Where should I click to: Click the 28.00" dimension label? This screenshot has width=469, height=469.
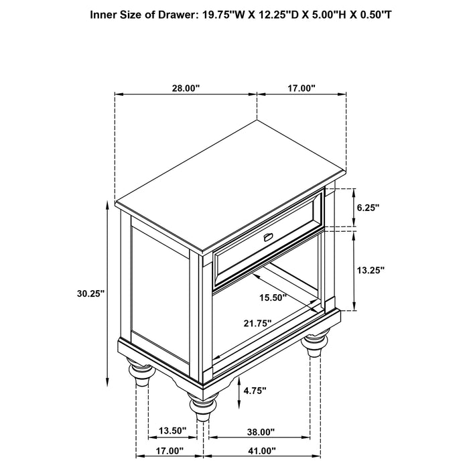[x=186, y=88]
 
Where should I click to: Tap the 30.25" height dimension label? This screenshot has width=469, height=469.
[x=91, y=293]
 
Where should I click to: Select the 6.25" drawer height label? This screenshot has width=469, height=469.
[x=368, y=208]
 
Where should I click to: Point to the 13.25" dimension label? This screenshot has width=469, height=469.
[x=370, y=270]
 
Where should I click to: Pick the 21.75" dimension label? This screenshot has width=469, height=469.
[x=257, y=323]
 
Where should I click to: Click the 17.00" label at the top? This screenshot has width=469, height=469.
[x=301, y=88]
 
